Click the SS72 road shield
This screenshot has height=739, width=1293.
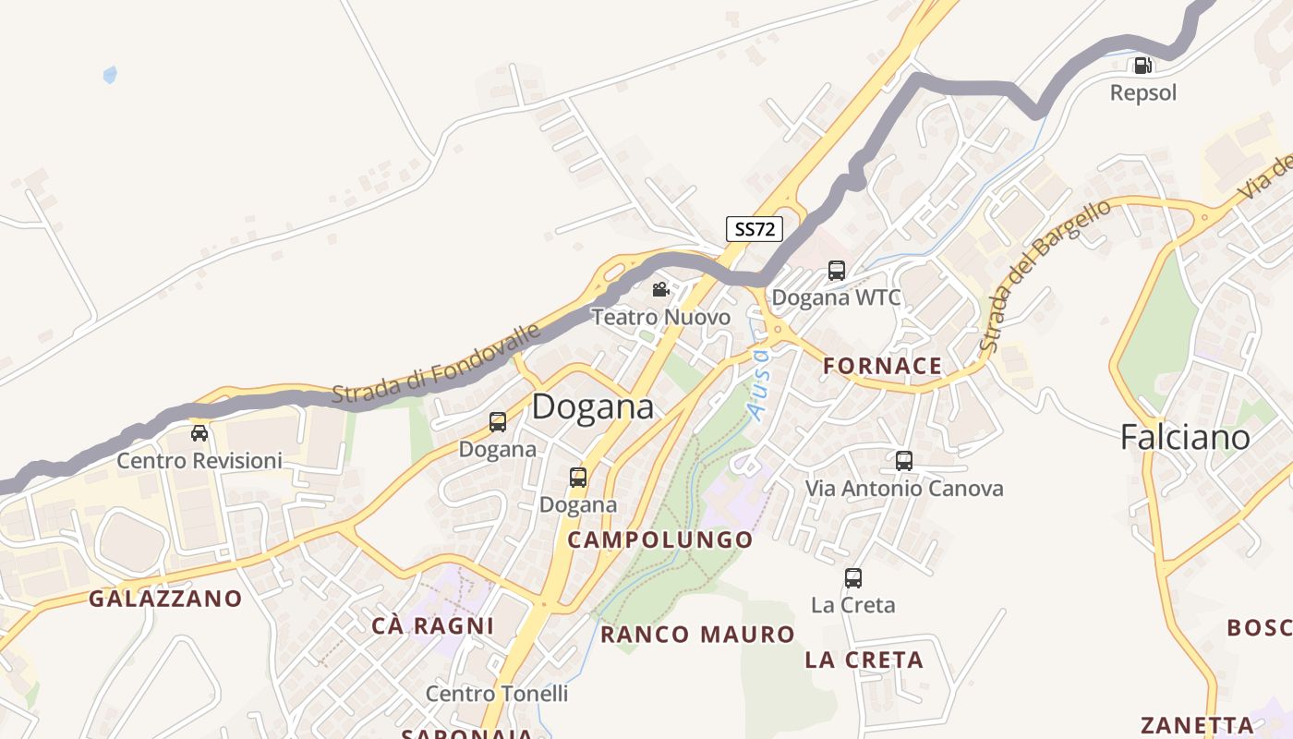[754, 229]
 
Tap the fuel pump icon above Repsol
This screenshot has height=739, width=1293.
[1142, 66]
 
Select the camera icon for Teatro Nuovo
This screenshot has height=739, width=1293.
[660, 290]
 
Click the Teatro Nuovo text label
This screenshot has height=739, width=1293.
[660, 318]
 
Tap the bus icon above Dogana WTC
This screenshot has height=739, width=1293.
[836, 271]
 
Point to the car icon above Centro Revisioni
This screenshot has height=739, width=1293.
[199, 432]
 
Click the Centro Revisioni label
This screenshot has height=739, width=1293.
[199, 460]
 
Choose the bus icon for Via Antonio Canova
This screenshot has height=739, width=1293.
[903, 460]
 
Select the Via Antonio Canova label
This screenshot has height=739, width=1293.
[903, 488]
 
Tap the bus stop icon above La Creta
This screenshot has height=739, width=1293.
[852, 578]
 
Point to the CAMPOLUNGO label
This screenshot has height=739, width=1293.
[659, 539]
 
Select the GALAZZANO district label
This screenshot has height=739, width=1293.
[165, 599]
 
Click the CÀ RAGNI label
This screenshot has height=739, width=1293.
[432, 625]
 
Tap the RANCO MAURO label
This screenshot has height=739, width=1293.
[697, 635]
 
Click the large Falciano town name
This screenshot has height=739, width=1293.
[1185, 437]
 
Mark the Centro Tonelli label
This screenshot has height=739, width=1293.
[497, 693]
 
